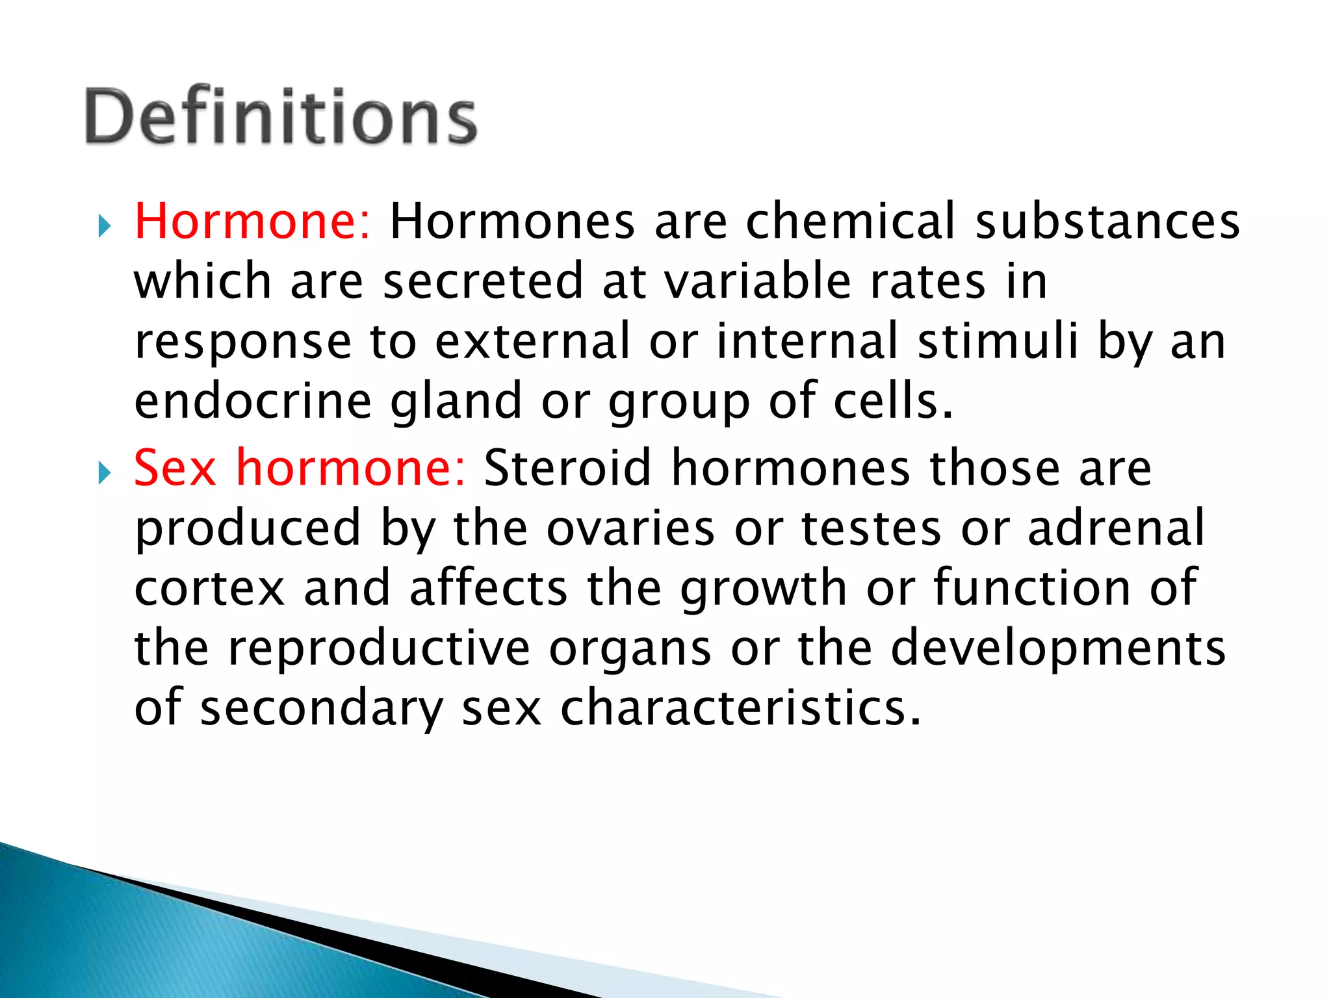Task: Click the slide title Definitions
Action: click(x=281, y=117)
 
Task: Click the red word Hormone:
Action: click(x=252, y=222)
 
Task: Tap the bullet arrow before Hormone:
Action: click(x=105, y=227)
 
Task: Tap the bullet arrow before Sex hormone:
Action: click(x=105, y=472)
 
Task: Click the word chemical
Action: click(x=851, y=222)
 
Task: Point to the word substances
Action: click(x=1107, y=222)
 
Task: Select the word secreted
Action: click(x=483, y=282)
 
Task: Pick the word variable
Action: click(x=758, y=282)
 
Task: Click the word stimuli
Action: click(x=998, y=342)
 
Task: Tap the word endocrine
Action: click(x=253, y=402)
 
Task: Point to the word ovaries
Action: click(x=631, y=528)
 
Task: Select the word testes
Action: click(x=871, y=528)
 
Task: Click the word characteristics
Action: click(x=740, y=708)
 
